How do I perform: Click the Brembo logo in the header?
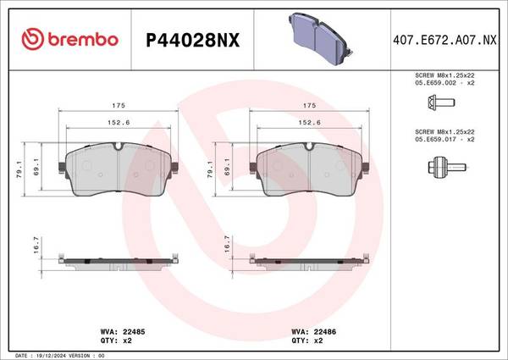70,39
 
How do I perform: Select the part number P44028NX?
193,41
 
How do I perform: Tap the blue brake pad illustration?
320,38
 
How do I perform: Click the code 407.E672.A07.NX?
444,40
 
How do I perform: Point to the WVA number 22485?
134,332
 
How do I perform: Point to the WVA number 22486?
324,332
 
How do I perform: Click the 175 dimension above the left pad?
119,105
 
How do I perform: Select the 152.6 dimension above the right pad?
309,123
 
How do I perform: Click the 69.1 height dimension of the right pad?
227,167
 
